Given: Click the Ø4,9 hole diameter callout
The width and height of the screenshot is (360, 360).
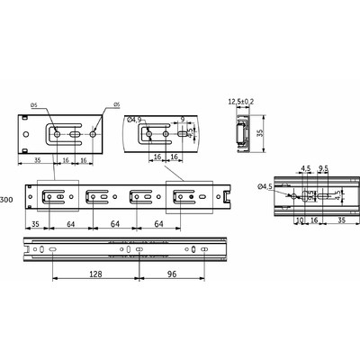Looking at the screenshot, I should [x=136, y=118].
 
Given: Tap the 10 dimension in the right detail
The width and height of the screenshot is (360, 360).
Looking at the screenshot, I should [x=299, y=218].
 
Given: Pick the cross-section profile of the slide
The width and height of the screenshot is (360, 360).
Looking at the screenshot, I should [x=240, y=130].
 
